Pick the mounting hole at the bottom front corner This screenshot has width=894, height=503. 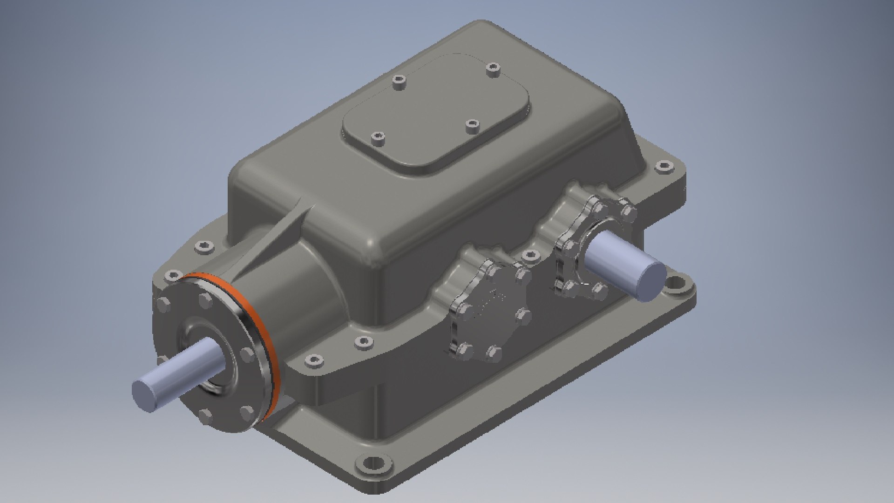point(372,466)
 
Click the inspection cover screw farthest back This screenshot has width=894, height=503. point(492,70)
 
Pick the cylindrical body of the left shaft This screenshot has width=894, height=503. point(182,366)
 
